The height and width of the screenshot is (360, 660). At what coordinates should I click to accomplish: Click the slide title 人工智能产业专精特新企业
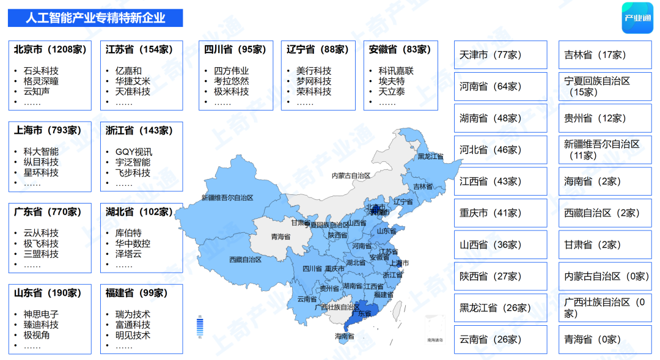tap(95, 18)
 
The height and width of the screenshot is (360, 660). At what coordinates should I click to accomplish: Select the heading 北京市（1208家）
tap(50, 50)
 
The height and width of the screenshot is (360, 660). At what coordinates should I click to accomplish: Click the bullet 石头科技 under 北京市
tap(41, 70)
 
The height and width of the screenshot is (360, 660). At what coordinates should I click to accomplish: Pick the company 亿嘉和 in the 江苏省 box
tap(128, 70)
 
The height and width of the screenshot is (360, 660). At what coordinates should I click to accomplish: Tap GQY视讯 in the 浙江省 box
tap(134, 152)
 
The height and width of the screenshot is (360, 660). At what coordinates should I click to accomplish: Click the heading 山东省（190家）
tap(48, 293)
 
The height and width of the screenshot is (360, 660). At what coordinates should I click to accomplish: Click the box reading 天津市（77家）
tap(501, 55)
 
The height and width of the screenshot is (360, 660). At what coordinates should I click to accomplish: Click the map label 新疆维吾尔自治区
tap(227, 198)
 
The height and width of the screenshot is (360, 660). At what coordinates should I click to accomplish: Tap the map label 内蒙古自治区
tap(351, 175)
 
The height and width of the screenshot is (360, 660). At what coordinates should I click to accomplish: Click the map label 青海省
tap(281, 236)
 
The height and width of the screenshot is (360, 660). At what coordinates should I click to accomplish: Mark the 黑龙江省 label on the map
tap(431, 156)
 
